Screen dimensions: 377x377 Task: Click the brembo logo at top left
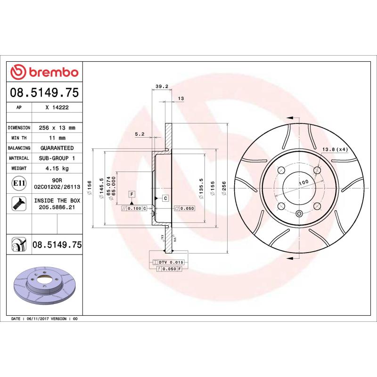[44, 72]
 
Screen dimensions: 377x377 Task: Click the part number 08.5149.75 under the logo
[44, 92]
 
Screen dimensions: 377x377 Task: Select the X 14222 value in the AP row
[57, 107]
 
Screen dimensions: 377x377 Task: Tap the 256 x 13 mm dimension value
[57, 128]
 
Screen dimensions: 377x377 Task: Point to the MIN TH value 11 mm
[57, 138]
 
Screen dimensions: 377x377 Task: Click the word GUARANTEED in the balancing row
[57, 148]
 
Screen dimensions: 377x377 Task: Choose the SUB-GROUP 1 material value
[57, 158]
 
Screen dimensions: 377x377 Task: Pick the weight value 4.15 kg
[57, 168]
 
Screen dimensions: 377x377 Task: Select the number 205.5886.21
[57, 207]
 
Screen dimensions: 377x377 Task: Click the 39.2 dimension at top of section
[162, 86]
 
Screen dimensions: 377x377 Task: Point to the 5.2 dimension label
[139, 134]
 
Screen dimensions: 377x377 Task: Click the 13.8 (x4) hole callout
[334, 149]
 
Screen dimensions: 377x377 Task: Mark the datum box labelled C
[166, 198]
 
